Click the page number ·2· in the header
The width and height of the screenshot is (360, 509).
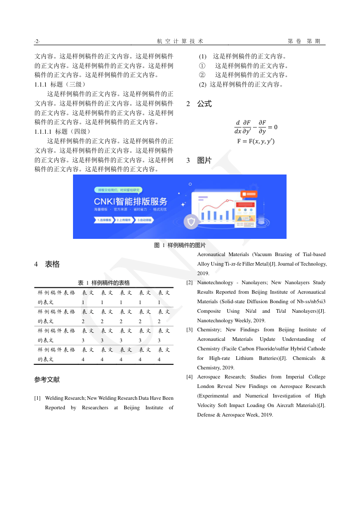[37, 41]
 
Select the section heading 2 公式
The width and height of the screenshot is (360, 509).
[199, 104]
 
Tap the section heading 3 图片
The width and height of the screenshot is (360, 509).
[199, 160]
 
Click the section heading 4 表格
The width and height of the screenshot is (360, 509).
[47, 264]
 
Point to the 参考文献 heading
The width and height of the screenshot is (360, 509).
[47, 379]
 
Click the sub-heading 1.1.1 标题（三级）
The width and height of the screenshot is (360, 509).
[60, 84]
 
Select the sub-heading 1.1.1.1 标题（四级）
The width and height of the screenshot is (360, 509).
[63, 131]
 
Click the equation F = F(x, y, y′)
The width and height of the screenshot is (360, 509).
[256, 141]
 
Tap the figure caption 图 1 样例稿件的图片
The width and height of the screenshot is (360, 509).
[180, 245]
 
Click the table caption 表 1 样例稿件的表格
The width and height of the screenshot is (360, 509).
[104, 283]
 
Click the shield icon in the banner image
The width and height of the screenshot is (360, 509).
[191, 222]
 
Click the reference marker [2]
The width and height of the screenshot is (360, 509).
[190, 283]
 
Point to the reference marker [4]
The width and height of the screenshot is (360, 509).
[190, 377]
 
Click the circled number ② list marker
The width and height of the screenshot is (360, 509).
[202, 75]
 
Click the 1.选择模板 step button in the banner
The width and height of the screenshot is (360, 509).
[104, 220]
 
